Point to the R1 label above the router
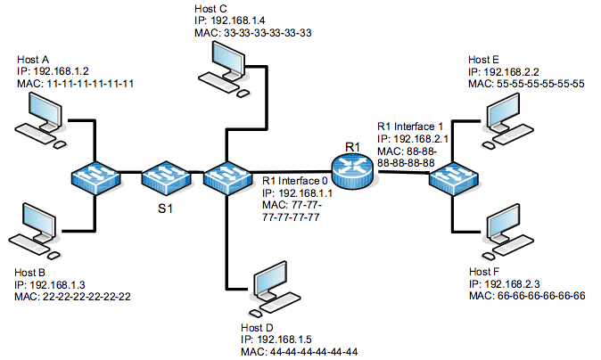click(352, 143)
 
